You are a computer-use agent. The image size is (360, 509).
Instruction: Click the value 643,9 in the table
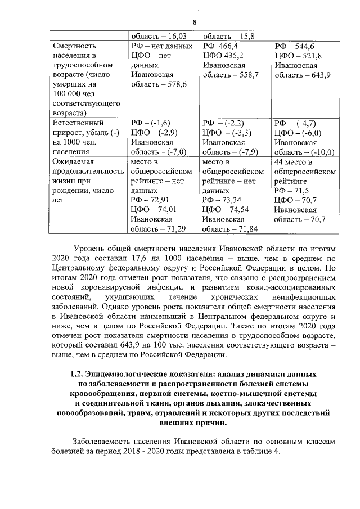point(317,75)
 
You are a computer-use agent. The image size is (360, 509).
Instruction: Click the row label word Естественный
point(78,123)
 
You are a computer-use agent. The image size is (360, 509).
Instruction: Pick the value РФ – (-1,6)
point(150,123)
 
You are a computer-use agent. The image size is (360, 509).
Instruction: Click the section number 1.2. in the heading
point(79,373)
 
